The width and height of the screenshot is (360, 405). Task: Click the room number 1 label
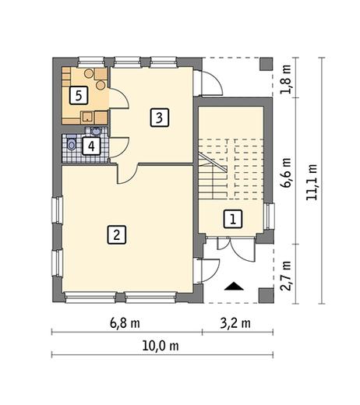(x=233, y=219)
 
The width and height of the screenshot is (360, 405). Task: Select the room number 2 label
(x=117, y=234)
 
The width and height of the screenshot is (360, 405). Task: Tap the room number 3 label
(x=160, y=118)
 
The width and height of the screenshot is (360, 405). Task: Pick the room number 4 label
(x=91, y=146)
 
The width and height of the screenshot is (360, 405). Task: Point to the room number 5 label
(x=79, y=96)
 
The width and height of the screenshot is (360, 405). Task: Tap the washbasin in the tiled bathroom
(x=96, y=131)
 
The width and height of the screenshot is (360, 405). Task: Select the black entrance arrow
(x=234, y=286)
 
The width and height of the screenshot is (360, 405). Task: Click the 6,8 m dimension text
(x=125, y=323)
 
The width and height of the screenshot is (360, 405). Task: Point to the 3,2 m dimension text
(x=235, y=323)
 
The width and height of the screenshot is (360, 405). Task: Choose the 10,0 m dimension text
(x=161, y=346)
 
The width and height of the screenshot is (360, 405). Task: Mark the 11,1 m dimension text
(x=312, y=182)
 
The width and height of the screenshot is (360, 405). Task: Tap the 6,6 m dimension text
(x=287, y=173)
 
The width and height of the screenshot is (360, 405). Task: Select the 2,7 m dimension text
(x=287, y=276)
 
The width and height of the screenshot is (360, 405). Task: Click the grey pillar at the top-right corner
(x=266, y=64)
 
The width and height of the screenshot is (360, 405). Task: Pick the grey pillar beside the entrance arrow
(x=266, y=296)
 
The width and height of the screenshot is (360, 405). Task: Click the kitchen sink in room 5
(x=87, y=118)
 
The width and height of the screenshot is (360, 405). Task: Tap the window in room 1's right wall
(x=270, y=217)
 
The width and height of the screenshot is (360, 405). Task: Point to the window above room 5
(x=91, y=62)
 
